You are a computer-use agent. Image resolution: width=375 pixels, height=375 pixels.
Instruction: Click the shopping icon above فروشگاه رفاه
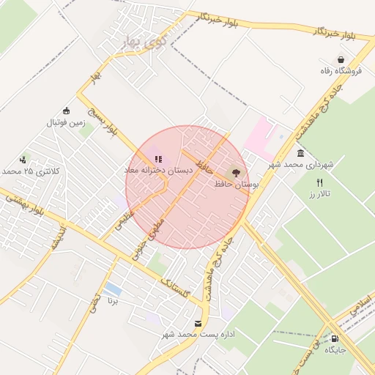coord(341,59)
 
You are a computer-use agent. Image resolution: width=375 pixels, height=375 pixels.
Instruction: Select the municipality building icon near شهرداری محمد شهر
coord(301,153)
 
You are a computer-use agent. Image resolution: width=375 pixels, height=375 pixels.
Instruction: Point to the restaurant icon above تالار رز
coord(319,182)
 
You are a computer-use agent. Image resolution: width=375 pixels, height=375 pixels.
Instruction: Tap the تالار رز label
coord(320,193)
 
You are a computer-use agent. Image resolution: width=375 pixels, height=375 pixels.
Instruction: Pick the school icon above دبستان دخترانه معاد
coord(157,158)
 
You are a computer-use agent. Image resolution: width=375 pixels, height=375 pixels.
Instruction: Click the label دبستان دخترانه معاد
coord(157,170)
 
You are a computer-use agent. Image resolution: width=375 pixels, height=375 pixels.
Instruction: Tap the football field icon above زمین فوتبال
coord(66,111)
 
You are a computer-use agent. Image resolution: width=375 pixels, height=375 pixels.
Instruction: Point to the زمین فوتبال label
coord(67,122)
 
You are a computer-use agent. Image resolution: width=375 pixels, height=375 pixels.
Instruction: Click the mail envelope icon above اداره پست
coord(198,323)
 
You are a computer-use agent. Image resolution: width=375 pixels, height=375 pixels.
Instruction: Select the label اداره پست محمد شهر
coord(198,335)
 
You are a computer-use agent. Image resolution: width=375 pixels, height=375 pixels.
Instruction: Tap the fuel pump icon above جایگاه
coord(335,338)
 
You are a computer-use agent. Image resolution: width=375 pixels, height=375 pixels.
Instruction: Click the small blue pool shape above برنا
coord(113,289)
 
